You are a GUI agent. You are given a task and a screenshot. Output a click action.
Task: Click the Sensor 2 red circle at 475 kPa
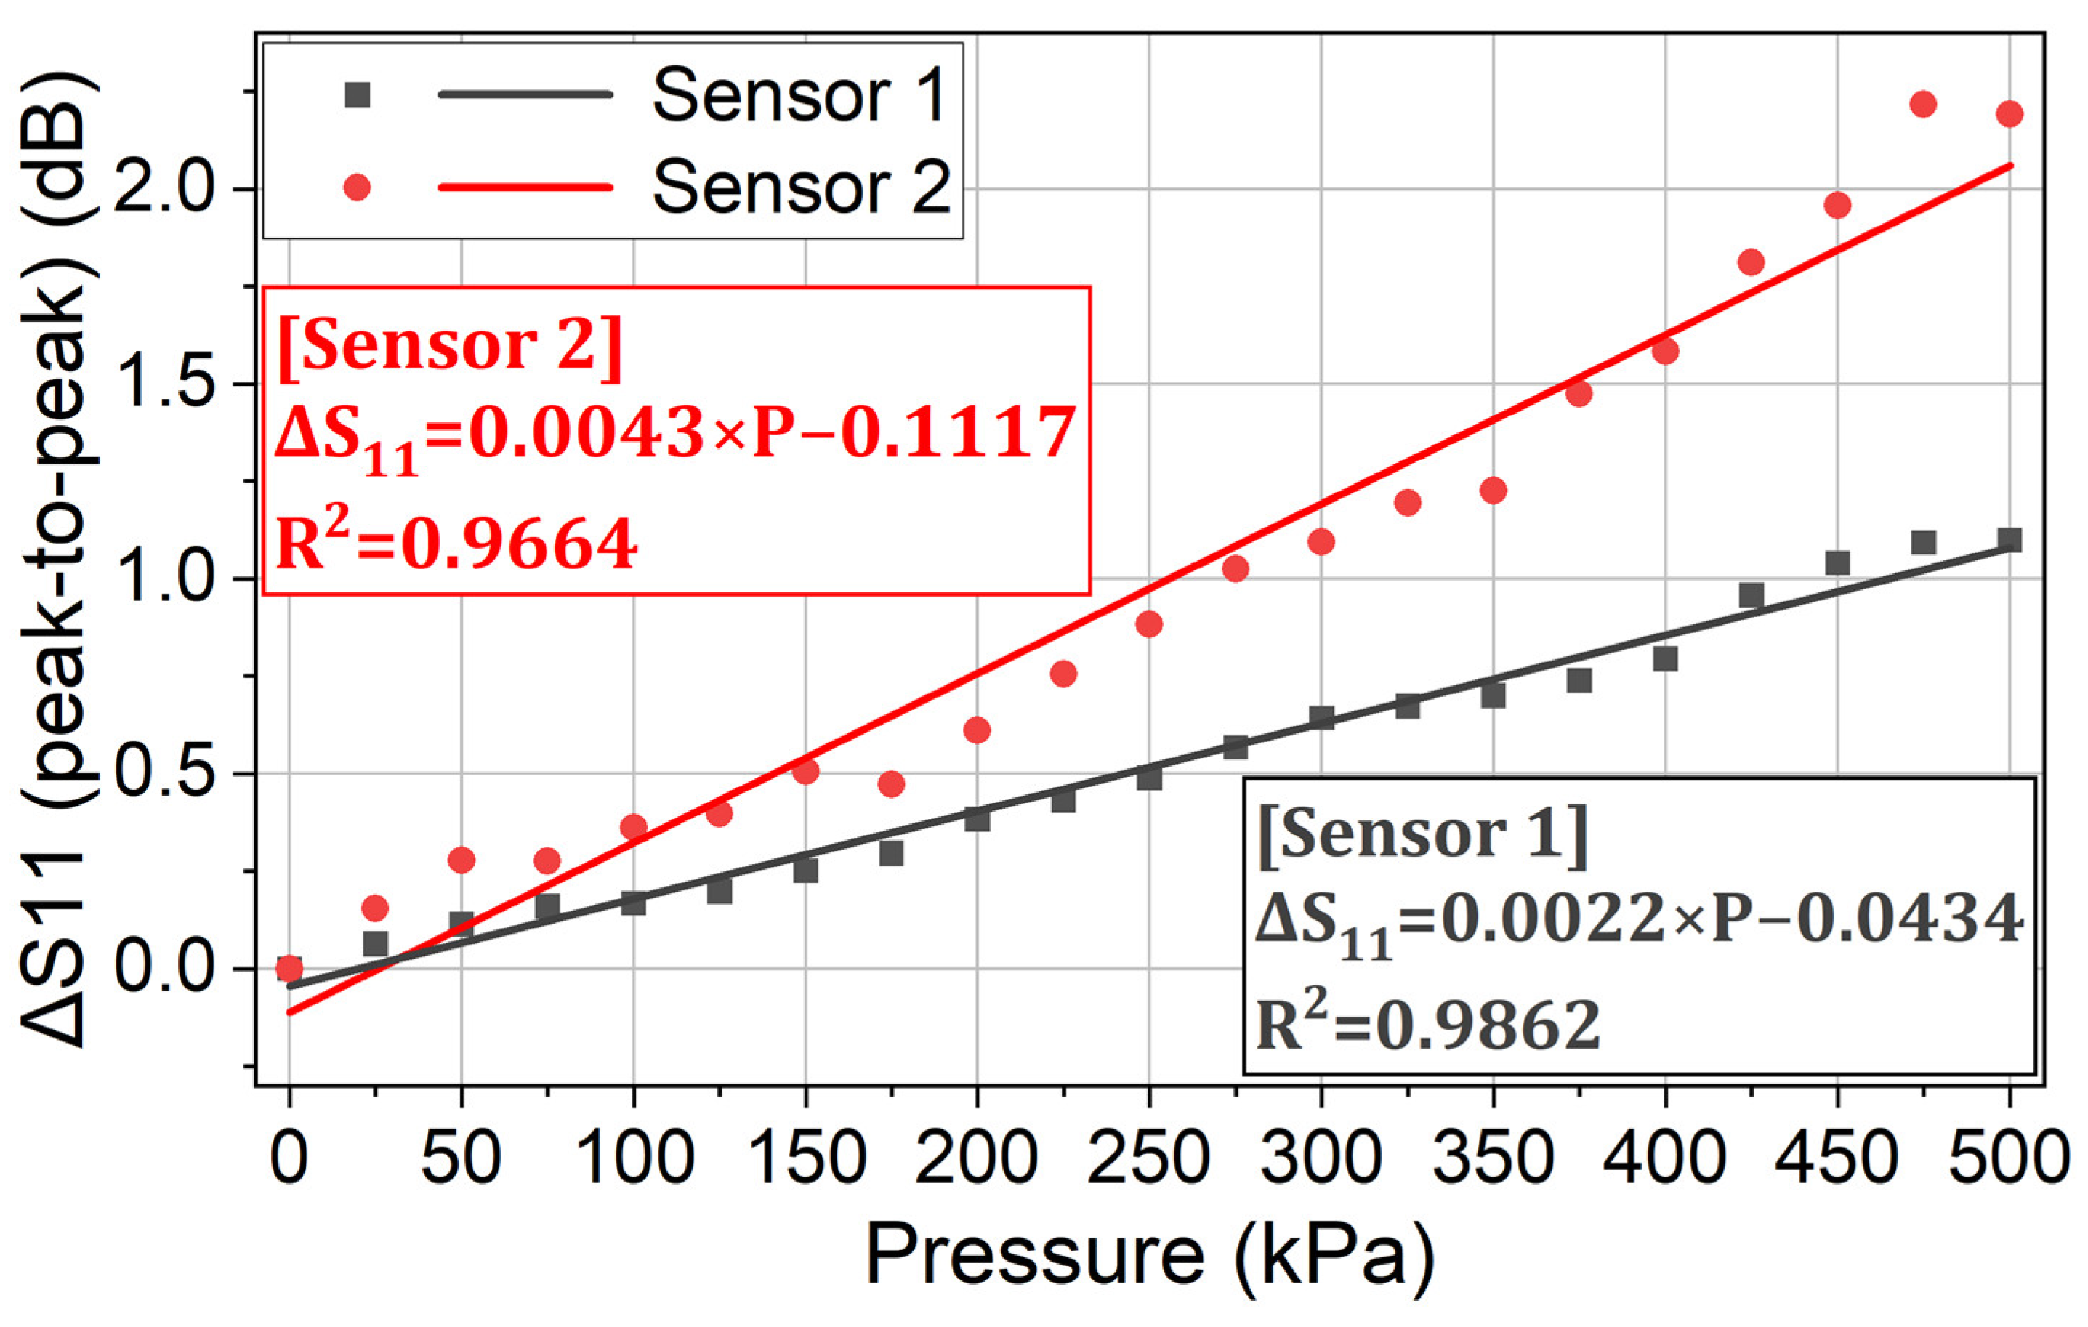1923,105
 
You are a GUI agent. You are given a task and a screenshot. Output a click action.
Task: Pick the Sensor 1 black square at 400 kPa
1665,659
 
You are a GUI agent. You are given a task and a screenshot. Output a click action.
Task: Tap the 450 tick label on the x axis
1837,1158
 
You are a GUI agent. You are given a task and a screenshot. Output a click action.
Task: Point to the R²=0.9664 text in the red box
457,542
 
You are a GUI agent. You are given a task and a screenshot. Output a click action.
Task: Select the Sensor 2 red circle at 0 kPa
289,968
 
